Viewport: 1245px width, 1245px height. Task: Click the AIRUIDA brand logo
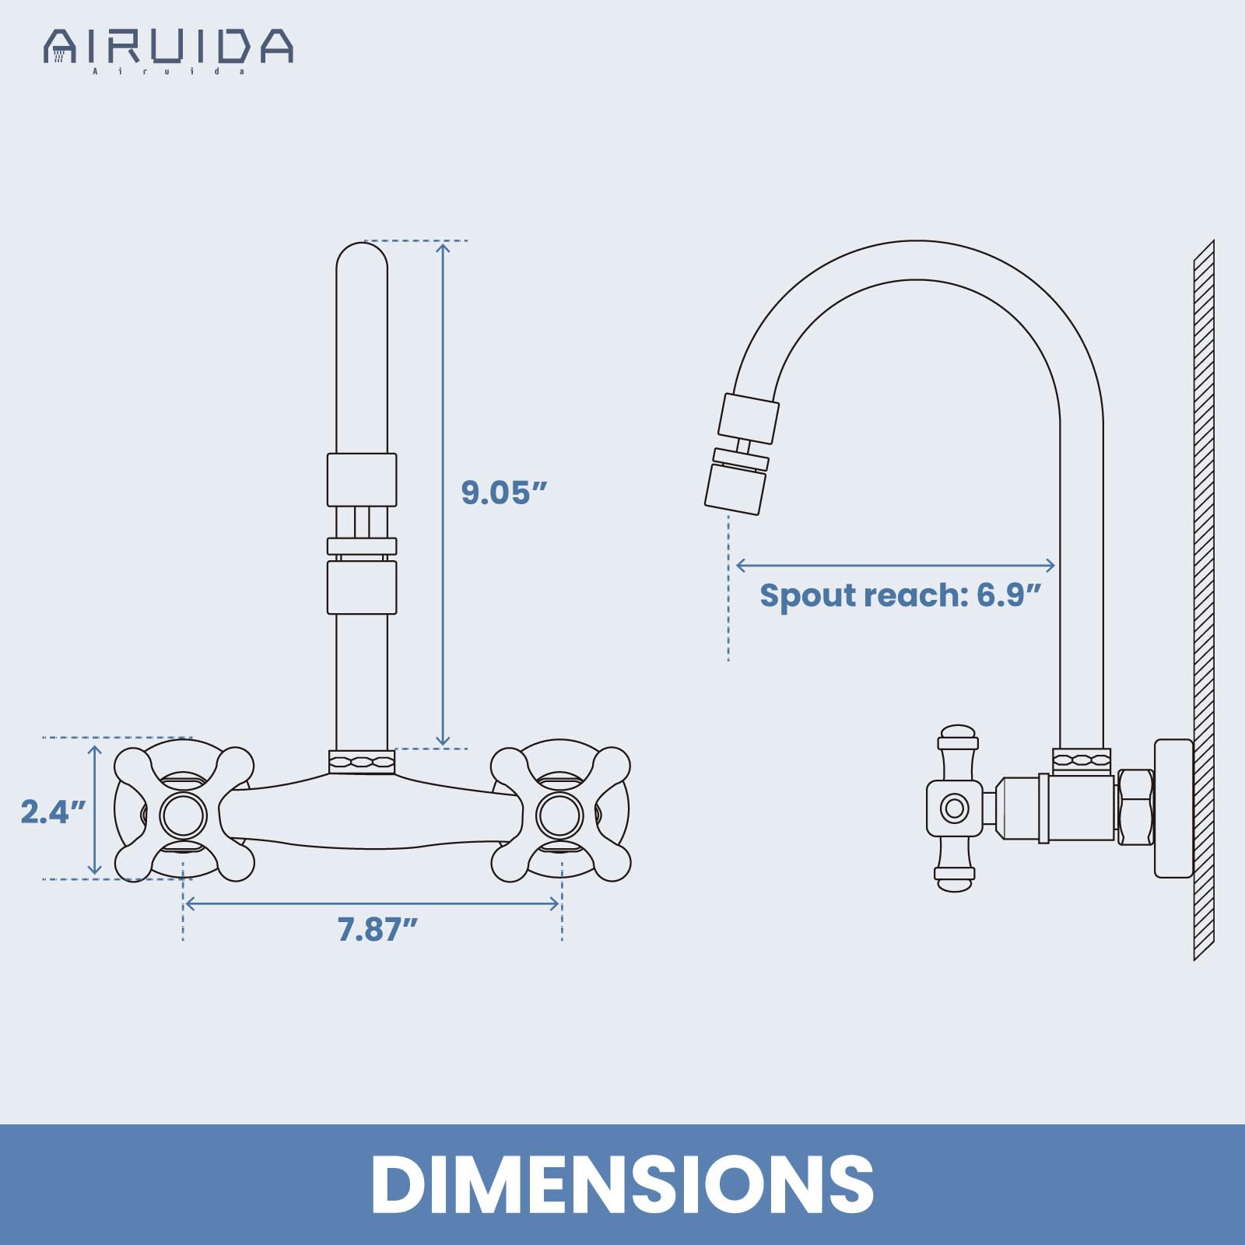tap(168, 51)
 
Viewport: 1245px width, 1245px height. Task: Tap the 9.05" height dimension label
tap(504, 493)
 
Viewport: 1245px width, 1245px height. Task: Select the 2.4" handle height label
tap(53, 812)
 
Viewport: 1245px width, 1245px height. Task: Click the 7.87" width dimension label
tap(377, 929)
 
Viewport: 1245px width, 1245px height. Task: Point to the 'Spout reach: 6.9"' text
tap(900, 595)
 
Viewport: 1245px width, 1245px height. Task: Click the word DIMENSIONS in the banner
tap(622, 1184)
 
